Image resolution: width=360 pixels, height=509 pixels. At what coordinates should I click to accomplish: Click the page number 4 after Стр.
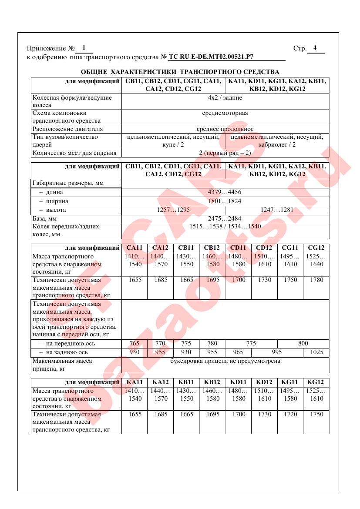point(315,48)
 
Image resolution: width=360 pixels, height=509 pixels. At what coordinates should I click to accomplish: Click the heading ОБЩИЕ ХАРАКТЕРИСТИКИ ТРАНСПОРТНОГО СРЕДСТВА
point(180,72)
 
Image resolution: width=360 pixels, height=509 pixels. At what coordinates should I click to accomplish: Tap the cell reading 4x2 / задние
point(225,98)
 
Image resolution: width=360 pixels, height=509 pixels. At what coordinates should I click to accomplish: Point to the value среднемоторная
point(225,113)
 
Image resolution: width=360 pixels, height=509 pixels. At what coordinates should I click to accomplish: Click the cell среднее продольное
point(225,129)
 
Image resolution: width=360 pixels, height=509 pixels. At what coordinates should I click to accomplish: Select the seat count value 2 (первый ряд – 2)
point(225,153)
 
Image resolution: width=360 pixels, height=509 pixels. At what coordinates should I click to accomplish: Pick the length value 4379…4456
point(225,192)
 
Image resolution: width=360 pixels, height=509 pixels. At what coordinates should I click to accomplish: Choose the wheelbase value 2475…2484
point(225,218)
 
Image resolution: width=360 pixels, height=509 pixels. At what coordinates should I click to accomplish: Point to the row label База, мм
point(45,218)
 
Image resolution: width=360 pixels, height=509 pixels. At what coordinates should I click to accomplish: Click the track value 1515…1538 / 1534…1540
point(225,226)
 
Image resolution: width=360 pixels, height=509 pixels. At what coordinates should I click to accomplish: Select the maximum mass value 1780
point(316,280)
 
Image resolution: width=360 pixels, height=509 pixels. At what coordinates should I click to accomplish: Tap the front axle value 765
point(135,343)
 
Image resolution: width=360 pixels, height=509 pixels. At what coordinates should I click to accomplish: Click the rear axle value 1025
point(316,352)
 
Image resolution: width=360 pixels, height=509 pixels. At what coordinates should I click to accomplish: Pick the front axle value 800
point(303,343)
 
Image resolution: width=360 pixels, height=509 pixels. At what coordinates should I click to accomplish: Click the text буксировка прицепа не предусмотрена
point(225,361)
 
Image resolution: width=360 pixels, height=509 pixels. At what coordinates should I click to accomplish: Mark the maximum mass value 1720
point(290,415)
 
